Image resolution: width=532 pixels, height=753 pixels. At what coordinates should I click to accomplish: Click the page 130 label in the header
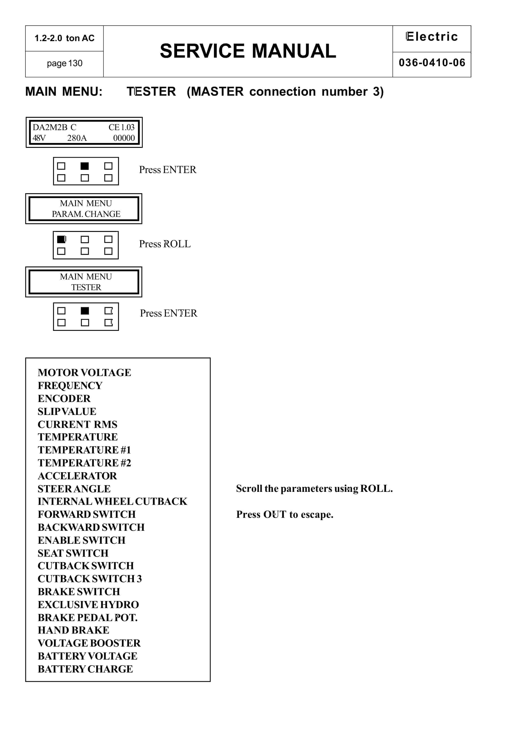tap(64, 63)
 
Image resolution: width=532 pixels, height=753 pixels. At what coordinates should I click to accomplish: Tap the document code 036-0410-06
tap(432, 63)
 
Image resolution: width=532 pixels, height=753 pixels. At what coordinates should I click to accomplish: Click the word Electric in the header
tap(432, 37)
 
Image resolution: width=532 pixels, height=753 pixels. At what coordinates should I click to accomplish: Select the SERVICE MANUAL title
tap(248, 51)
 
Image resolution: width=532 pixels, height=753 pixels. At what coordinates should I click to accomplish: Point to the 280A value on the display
tap(77, 138)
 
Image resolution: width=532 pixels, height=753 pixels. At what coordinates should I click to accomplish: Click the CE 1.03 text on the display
tap(121, 127)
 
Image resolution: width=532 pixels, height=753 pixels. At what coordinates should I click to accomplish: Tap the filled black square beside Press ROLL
tap(61, 239)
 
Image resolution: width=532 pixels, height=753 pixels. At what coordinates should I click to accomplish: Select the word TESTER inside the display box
tap(86, 287)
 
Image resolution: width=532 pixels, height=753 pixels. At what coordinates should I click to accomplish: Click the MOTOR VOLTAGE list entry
tap(84, 372)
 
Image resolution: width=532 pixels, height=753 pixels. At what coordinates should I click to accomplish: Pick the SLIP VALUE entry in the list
tap(67, 411)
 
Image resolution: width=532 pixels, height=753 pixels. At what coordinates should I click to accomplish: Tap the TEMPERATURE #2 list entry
tap(84, 463)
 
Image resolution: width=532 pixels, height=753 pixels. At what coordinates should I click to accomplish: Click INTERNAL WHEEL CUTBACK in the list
tap(112, 501)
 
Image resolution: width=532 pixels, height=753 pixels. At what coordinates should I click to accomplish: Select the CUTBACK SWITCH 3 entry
tap(90, 579)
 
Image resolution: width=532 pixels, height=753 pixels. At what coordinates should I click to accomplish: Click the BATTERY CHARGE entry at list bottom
tap(85, 669)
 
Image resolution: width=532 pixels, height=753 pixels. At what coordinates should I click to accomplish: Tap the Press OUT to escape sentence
tap(284, 515)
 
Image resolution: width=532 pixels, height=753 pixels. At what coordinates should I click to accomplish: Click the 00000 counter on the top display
tap(124, 138)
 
